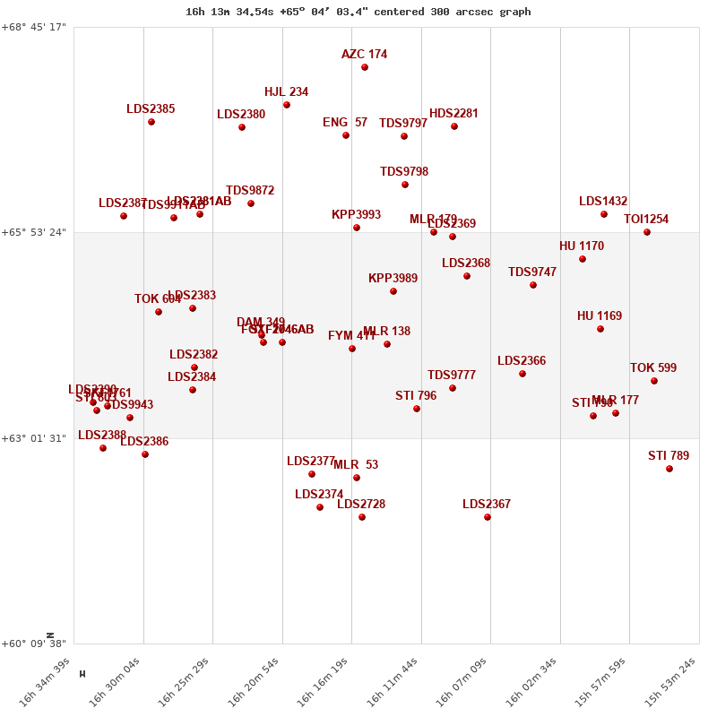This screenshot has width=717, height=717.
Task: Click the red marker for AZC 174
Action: [365, 67]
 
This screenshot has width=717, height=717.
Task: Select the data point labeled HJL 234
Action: [287, 105]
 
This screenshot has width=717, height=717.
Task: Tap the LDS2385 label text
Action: [151, 109]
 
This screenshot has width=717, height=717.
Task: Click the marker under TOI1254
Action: [647, 232]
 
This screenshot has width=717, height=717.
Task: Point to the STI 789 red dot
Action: [669, 469]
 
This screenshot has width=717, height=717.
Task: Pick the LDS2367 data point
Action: [488, 517]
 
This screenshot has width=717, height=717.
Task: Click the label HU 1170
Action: [582, 246]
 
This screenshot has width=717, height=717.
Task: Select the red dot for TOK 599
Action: [654, 381]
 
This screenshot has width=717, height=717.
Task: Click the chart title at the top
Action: [358, 12]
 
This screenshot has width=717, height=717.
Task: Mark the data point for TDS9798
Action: [405, 185]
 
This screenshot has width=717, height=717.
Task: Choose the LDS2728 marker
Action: [362, 517]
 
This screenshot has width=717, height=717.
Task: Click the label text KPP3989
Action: [393, 279]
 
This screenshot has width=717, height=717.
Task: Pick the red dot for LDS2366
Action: [523, 374]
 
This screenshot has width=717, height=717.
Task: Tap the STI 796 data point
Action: [417, 409]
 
